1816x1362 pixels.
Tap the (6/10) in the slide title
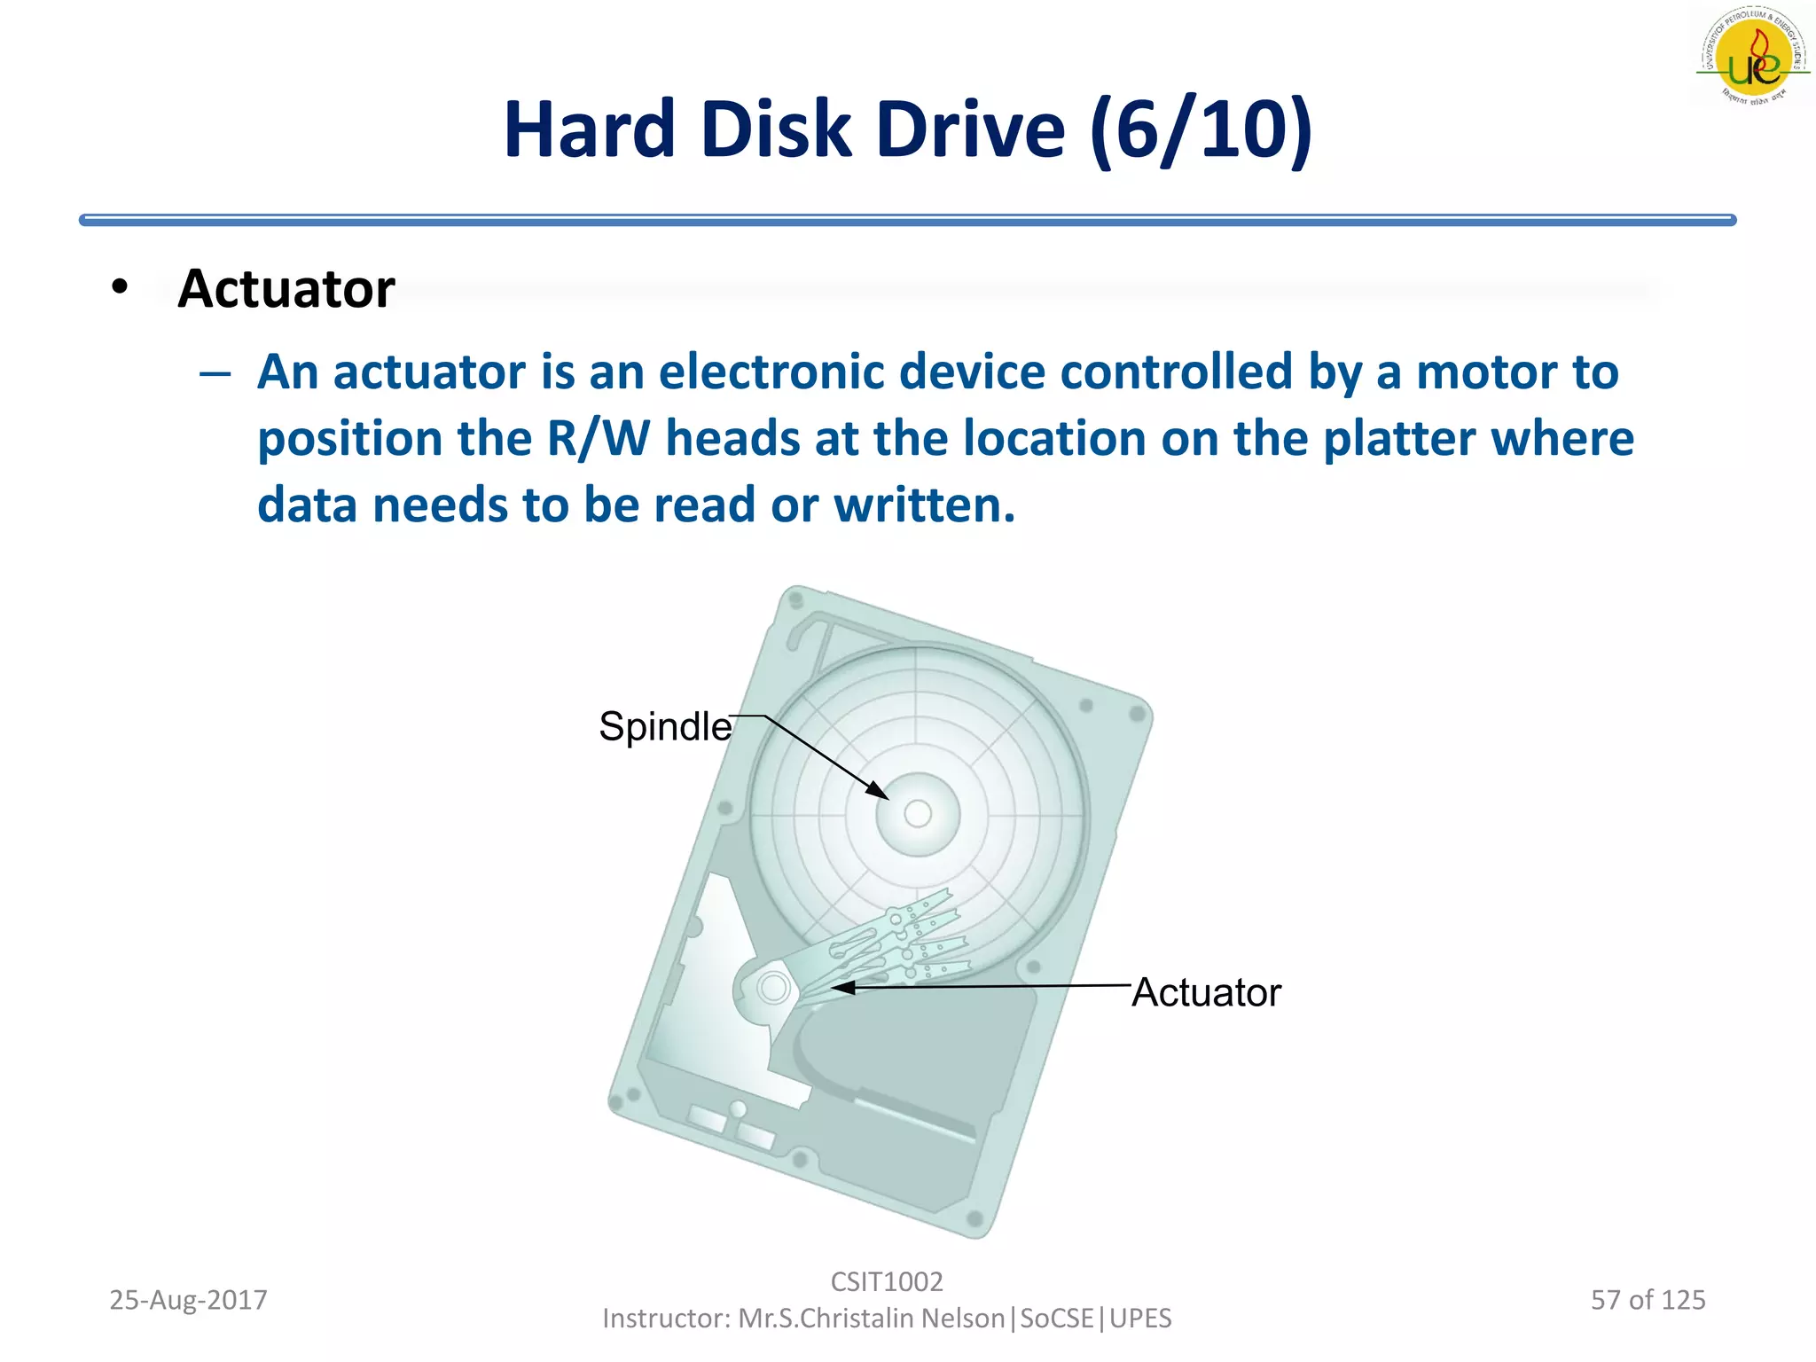coord(1201,130)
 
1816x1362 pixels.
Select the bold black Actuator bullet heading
coord(286,289)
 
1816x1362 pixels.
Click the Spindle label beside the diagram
coord(665,727)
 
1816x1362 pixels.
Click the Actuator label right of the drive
coord(1206,993)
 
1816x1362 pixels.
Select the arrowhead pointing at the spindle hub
coord(877,790)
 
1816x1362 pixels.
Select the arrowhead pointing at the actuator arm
coord(841,987)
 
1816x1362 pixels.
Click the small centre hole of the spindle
coord(918,813)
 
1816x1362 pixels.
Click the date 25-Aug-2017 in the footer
coord(188,1300)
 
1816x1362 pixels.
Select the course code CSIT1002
coord(887,1282)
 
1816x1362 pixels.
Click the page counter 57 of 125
coord(1648,1300)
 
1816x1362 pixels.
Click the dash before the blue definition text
coord(215,373)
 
